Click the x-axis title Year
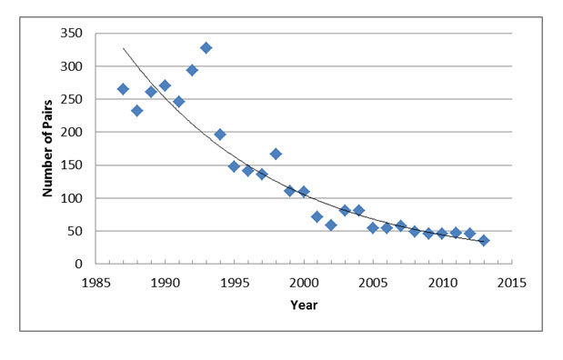[303, 305]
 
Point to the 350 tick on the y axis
[71, 34]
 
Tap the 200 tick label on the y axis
[71, 133]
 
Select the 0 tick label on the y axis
[79, 265]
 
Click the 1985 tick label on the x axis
[96, 282]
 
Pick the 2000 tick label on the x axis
[304, 282]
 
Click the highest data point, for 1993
[206, 47]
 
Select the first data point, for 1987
[123, 89]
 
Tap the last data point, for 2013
[484, 241]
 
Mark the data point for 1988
[136, 111]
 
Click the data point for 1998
[276, 154]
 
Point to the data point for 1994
[220, 135]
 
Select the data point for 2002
[331, 225]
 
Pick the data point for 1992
[192, 70]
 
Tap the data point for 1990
[165, 85]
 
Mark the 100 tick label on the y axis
[71, 198]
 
